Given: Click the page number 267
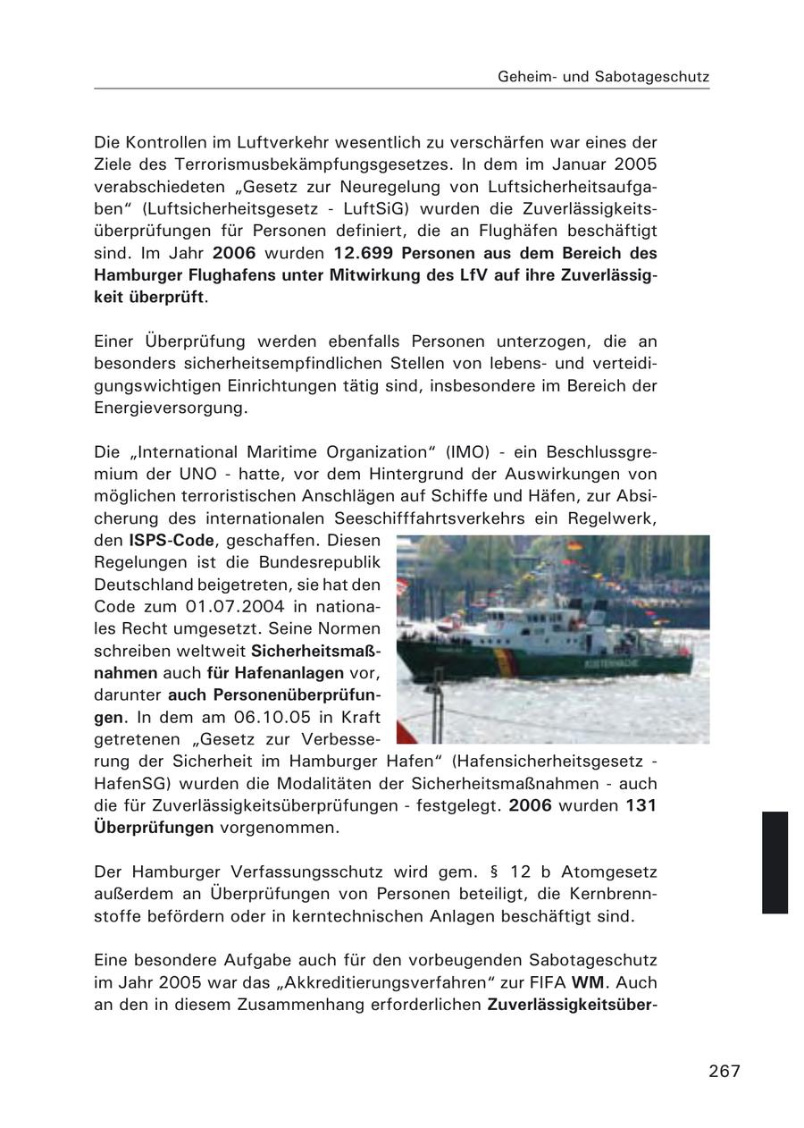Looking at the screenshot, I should (x=724, y=1071).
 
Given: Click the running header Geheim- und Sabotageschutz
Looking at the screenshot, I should (x=603, y=77).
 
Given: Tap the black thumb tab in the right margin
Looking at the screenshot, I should (x=775, y=862).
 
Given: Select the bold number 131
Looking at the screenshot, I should (x=641, y=805).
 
